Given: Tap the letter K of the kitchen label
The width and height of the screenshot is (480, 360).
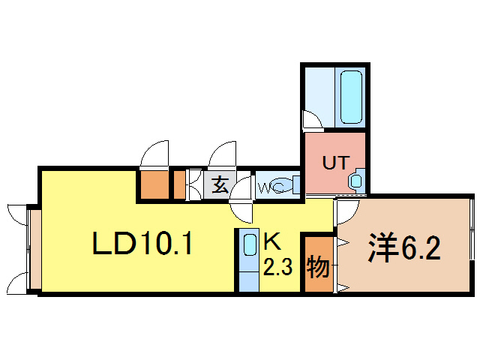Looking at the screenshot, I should click(x=271, y=242).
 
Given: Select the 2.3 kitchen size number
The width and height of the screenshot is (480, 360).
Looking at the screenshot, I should click(x=277, y=266).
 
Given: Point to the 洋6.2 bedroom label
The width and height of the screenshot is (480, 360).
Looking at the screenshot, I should click(x=403, y=248).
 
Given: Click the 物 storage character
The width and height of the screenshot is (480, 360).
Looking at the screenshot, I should click(x=318, y=265).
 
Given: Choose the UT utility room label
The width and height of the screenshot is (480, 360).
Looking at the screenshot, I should click(x=334, y=161).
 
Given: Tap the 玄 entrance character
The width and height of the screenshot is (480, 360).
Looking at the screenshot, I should click(x=220, y=184).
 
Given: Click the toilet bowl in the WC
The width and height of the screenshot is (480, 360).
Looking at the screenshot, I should click(x=281, y=184).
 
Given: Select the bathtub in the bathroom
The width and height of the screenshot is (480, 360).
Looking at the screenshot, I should click(x=350, y=97).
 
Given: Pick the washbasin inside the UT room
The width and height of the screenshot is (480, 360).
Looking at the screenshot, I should click(x=355, y=181).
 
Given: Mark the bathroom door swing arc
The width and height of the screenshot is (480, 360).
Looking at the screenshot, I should click(x=309, y=120).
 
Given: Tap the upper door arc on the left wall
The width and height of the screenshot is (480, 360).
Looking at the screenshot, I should click(x=15, y=212).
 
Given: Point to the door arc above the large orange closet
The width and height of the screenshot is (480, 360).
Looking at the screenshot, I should click(x=155, y=154).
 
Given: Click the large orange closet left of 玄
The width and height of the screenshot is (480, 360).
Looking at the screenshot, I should click(x=154, y=184).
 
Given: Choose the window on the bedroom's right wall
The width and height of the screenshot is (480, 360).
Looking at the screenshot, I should click(x=472, y=228).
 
